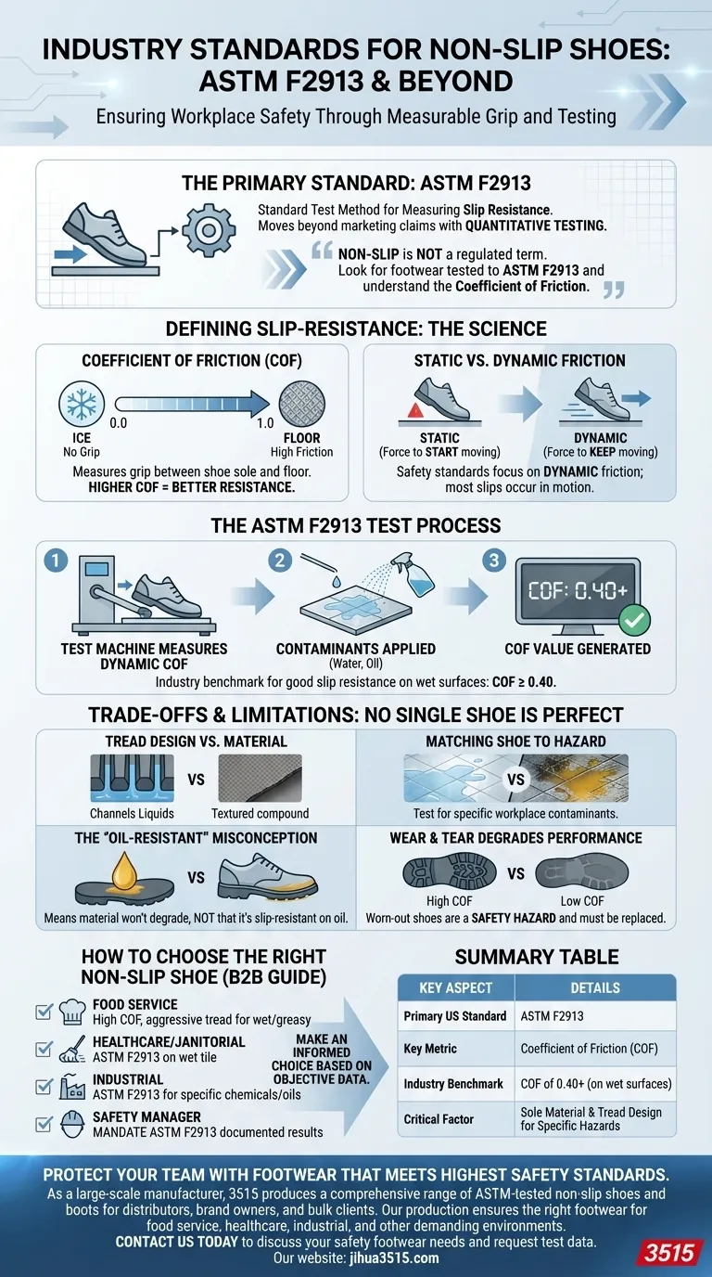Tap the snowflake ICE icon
click(77, 402)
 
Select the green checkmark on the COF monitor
click(635, 619)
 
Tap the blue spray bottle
click(413, 582)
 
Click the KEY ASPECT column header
click(455, 987)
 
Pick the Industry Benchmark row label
click(453, 1083)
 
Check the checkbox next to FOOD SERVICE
click(44, 1012)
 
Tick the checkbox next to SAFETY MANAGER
click(44, 1124)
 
